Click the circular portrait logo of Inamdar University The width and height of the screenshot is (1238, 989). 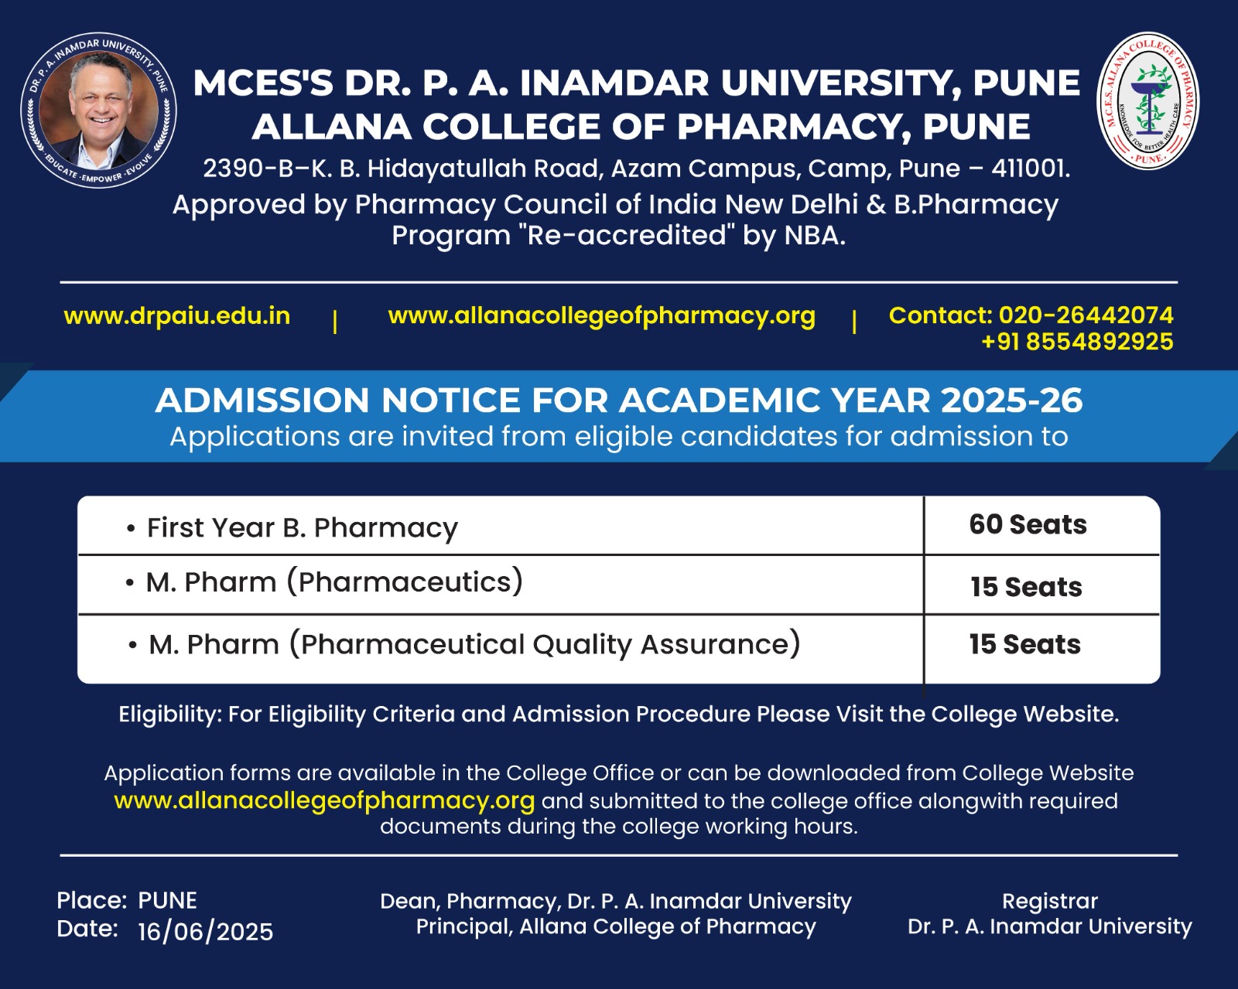coord(99,111)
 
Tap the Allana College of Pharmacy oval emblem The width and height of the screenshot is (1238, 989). coord(1149,101)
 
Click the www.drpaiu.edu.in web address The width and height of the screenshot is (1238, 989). coord(177,315)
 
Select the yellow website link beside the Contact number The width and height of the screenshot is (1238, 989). coord(601,315)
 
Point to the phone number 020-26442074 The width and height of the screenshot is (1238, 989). coord(1086,315)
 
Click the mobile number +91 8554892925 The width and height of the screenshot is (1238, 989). coord(1077,342)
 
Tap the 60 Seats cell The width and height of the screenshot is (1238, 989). coord(1028,524)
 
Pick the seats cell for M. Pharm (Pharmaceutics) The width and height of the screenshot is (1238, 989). coord(1026,587)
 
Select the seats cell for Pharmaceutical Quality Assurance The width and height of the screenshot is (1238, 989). coord(1024,644)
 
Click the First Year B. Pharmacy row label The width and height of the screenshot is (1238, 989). coord(302,527)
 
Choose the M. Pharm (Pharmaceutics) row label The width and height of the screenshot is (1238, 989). coord(334,582)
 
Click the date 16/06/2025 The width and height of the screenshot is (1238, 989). coord(205,932)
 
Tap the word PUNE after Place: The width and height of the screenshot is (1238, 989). coord(167,900)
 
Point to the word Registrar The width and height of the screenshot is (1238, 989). coord(1049,901)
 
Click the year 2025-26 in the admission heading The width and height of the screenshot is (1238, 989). coord(1011,400)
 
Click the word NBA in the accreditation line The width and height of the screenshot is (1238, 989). coord(812,235)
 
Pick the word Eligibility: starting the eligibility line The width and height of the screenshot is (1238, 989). coord(169,714)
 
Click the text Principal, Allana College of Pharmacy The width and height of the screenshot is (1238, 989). coord(616,926)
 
